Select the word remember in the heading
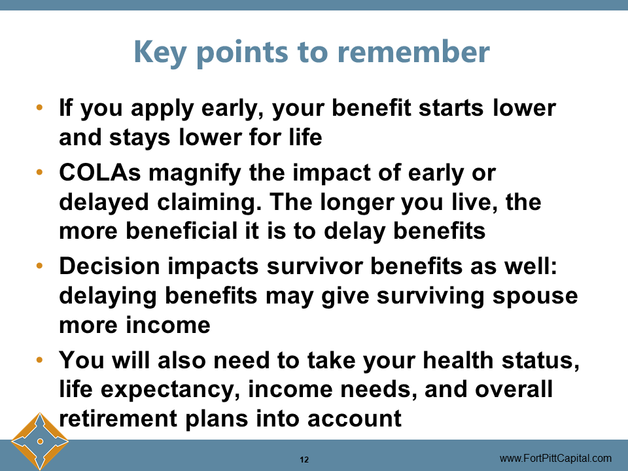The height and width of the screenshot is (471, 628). [413, 52]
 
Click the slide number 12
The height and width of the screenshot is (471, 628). [304, 459]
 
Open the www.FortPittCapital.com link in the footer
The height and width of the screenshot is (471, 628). [555, 458]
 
